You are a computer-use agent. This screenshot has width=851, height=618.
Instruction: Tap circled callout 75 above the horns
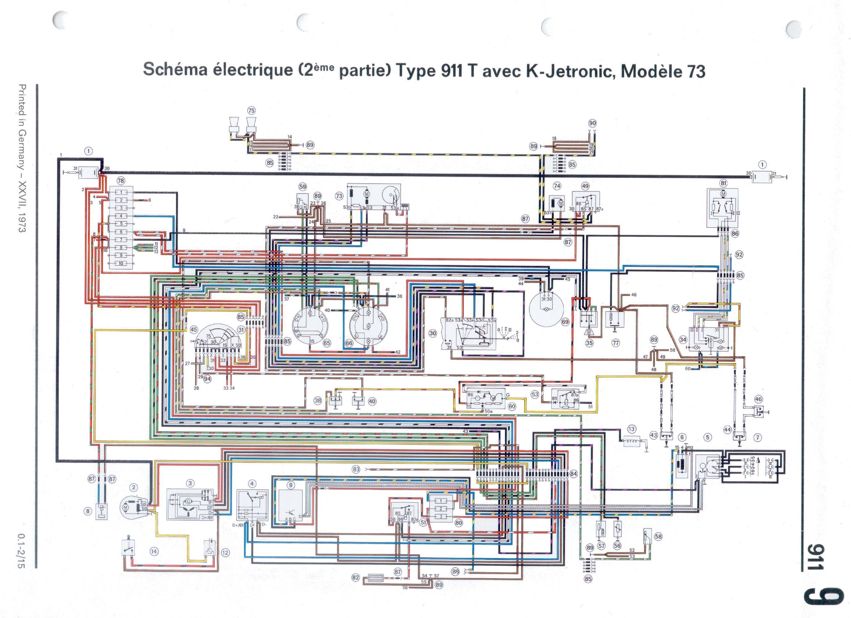[251, 110]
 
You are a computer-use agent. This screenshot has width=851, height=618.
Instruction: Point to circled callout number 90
[592, 123]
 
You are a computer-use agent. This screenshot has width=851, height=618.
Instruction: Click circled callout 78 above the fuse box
[120, 181]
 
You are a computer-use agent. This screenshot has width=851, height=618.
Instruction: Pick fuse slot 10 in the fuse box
[121, 263]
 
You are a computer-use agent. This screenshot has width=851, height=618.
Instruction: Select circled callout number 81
[723, 183]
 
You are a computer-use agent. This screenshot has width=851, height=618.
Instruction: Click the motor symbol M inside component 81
[723, 194]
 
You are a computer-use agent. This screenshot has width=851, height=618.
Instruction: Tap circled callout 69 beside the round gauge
[565, 322]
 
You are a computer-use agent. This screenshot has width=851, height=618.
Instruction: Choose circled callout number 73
[339, 196]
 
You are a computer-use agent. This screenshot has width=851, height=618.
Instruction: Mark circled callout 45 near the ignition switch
[193, 330]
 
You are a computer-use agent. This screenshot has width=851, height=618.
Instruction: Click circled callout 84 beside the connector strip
[573, 474]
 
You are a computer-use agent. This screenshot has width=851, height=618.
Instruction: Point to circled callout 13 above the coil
[631, 429]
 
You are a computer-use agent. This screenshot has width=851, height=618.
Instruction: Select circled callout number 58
[658, 536]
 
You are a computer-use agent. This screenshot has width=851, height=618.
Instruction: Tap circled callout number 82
[355, 578]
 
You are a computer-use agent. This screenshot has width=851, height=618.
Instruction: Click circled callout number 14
[154, 551]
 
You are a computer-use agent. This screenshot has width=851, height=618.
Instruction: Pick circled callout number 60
[512, 406]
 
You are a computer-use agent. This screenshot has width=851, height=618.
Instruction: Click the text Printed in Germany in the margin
[23, 128]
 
